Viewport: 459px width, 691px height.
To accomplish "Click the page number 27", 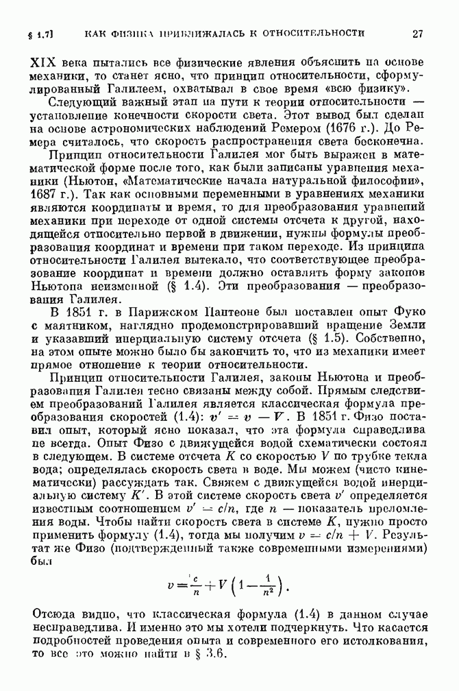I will [x=419, y=32].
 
